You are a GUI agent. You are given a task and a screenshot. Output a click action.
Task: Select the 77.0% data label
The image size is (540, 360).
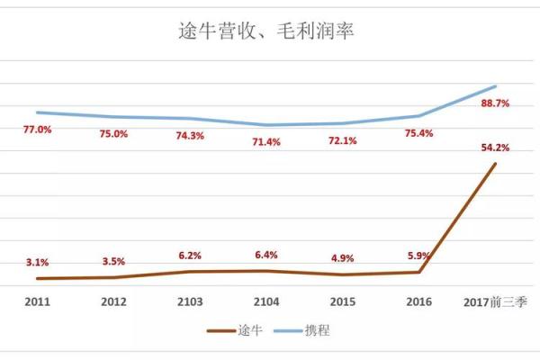pos(37,130)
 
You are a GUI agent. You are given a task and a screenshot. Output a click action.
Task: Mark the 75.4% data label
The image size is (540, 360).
pos(419,133)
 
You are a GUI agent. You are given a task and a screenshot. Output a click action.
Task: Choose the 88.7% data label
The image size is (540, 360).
pos(495,103)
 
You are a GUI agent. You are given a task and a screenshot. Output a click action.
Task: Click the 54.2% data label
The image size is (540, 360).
pos(495,147)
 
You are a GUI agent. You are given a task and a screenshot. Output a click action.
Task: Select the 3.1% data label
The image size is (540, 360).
pos(37,262)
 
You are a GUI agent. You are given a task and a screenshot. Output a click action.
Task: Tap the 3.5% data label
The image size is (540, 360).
pos(113,261)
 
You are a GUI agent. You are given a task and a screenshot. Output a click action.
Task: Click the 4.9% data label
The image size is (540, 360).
pos(343,258)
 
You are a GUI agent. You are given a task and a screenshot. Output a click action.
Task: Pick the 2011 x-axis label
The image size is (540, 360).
pos(37,303)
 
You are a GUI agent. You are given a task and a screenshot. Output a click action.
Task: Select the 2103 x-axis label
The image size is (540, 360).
pos(190,303)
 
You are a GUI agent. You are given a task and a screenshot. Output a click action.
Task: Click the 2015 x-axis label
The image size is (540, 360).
pos(343,303)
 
